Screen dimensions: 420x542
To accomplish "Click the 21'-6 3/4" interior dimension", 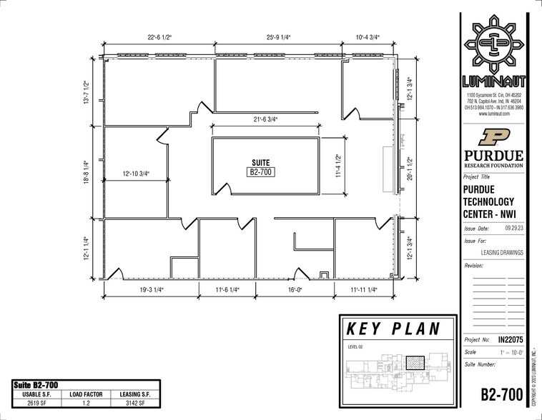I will [277, 118].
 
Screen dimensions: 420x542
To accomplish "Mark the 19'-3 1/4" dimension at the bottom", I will [150, 290].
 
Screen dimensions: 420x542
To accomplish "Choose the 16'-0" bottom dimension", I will [297, 290].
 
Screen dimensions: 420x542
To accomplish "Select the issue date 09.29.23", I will [512, 229].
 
